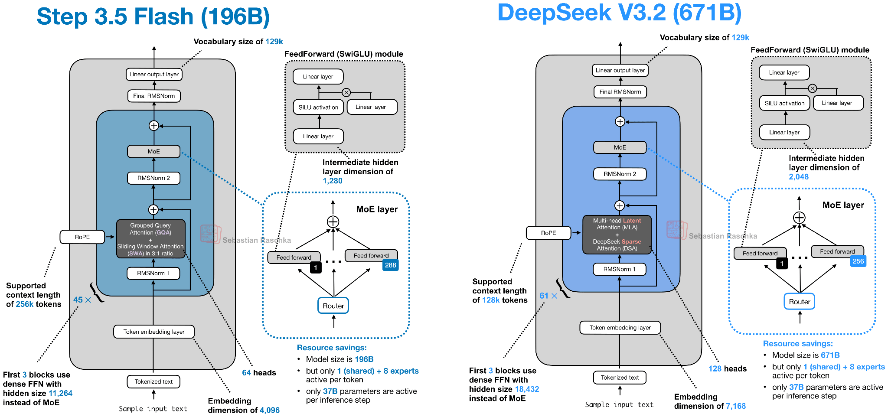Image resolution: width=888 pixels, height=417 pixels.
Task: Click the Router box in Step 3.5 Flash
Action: tap(333, 306)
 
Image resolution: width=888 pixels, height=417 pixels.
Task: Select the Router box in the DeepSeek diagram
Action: tap(799, 302)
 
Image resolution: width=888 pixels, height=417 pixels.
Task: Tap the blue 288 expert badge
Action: tap(390, 265)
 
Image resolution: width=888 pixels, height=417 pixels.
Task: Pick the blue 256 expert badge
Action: tap(858, 261)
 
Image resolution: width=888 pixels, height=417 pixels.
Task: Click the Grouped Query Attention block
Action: tap(150, 239)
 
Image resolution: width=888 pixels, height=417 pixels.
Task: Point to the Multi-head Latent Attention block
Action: tap(617, 235)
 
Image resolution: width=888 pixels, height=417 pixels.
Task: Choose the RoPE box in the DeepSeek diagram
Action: tap(548, 233)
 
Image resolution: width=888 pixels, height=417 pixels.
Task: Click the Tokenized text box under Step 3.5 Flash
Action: tap(153, 381)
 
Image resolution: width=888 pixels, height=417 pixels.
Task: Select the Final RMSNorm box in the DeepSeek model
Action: tap(620, 92)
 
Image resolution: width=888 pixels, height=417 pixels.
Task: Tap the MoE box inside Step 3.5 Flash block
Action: tap(153, 151)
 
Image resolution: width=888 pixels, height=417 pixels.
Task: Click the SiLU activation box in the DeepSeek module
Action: tap(784, 103)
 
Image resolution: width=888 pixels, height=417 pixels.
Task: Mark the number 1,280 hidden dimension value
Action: tap(333, 181)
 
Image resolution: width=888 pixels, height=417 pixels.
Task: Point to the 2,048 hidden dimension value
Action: tap(799, 176)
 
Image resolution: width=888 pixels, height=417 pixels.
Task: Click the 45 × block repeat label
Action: tap(82, 300)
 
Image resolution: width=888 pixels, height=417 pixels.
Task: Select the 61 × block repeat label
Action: tap(548, 296)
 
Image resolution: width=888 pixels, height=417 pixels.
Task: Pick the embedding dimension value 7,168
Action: tap(736, 406)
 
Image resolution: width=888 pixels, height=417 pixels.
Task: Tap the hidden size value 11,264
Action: tap(60, 393)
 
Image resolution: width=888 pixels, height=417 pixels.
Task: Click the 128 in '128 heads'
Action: tap(715, 369)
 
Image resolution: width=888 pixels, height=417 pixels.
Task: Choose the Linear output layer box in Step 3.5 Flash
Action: tap(154, 74)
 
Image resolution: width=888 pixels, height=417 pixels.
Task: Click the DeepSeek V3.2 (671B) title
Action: tap(619, 13)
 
